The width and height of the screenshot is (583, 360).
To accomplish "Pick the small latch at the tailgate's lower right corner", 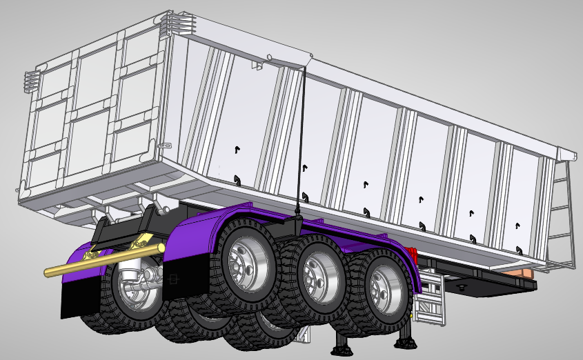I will coord(165,146).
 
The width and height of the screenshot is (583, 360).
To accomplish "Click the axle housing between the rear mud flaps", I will coord(148,283).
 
